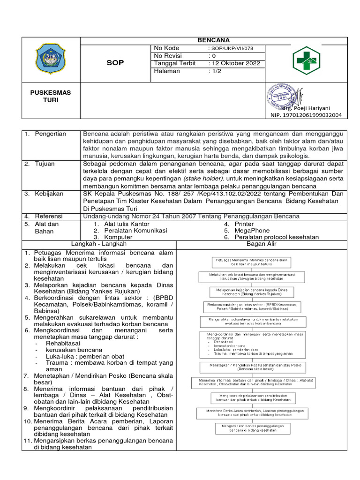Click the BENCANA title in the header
214,40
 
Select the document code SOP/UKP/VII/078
236,49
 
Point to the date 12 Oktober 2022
235,64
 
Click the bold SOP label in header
115,63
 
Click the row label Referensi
49,216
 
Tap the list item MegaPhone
252,231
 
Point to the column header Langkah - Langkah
99,244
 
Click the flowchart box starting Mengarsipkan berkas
253,428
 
